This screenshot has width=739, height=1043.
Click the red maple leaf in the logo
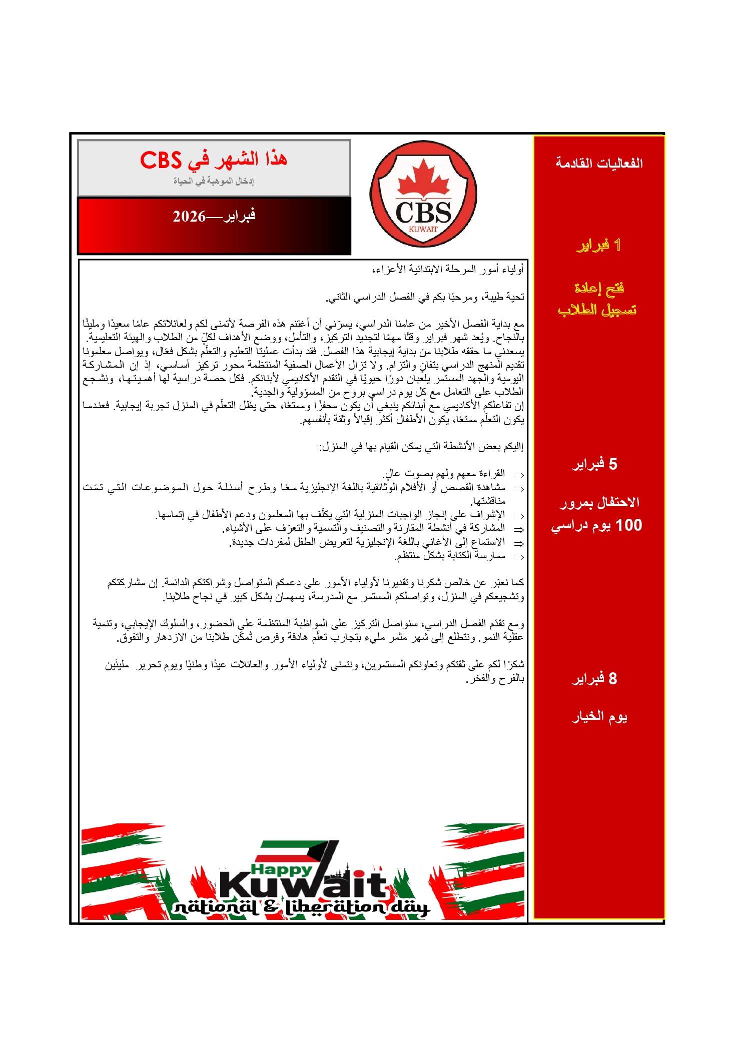pos(424,178)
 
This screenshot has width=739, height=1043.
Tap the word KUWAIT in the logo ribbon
pos(423,230)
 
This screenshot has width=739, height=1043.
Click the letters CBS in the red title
pos(161,160)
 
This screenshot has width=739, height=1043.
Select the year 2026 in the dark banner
pos(189,216)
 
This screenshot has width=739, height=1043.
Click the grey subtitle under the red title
pos(214,181)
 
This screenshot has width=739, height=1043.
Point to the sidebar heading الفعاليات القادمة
pos(599,163)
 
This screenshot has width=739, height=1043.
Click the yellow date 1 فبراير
pos(599,245)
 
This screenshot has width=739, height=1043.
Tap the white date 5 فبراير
pos(595,464)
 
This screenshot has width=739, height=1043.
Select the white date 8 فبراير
pos(595,679)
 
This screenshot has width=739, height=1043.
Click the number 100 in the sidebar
pos(628,525)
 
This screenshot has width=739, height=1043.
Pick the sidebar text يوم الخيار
pos(599,717)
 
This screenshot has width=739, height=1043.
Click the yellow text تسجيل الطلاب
pos(597,310)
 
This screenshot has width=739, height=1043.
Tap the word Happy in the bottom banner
pos(282,869)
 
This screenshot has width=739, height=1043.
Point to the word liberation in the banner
pos(336,906)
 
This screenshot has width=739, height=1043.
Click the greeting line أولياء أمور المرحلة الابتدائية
pos(448,270)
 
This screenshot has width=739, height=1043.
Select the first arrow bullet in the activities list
pos(519,475)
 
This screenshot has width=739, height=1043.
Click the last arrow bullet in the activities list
pos(519,557)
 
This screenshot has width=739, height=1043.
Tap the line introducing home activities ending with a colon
pos(421,447)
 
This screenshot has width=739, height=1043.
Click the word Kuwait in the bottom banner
pos(303,886)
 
